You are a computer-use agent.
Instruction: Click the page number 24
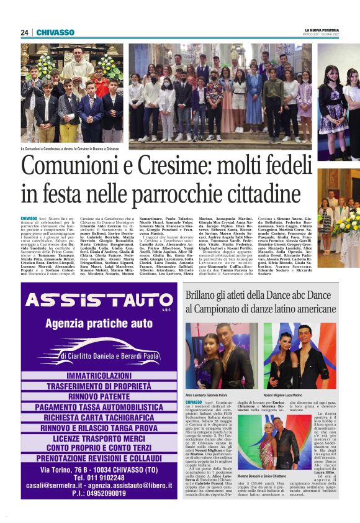25,32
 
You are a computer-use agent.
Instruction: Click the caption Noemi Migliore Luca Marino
282,394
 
